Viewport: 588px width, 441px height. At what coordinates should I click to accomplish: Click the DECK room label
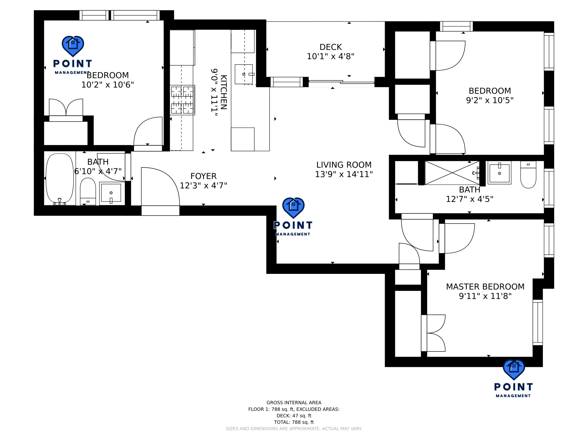tap(330, 47)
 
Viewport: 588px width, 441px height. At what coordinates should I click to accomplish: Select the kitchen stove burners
tap(182, 100)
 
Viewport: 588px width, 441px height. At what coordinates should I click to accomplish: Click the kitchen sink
tap(244, 74)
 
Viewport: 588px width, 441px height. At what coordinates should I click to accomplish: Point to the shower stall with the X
tap(452, 173)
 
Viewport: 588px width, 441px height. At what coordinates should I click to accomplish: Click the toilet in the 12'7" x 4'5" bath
tap(528, 175)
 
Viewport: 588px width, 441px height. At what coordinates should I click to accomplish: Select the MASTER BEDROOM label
tap(485, 287)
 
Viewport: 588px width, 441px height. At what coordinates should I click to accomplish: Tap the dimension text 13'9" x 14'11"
tap(344, 174)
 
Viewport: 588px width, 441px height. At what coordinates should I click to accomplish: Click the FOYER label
tap(203, 176)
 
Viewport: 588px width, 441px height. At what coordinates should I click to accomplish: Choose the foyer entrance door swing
tap(159, 187)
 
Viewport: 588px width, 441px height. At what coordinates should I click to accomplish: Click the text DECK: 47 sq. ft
tap(294, 415)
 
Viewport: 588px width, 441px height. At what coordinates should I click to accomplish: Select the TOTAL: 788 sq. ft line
tap(294, 422)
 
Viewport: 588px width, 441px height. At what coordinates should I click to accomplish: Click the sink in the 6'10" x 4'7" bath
tap(111, 193)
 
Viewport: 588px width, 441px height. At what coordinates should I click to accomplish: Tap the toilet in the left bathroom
tap(88, 191)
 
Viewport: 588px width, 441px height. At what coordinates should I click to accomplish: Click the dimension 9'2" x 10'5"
tap(490, 100)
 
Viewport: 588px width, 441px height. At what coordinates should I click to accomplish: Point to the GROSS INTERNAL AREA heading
tap(294, 403)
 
